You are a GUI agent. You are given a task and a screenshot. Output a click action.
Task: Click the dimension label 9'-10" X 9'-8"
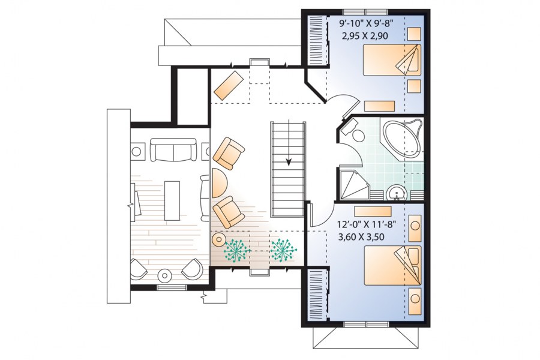point(366,23)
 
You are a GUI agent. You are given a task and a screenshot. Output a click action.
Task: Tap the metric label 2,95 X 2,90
point(365,36)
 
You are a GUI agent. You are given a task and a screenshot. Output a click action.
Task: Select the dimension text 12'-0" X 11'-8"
point(367,224)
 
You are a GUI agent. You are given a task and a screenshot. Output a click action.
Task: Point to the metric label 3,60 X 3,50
point(361,237)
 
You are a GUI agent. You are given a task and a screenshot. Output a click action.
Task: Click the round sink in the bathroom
point(397,193)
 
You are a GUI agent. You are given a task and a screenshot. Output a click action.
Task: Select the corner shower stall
point(355,185)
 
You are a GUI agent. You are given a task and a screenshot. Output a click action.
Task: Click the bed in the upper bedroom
point(392,60)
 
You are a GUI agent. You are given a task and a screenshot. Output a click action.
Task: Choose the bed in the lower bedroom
point(392,265)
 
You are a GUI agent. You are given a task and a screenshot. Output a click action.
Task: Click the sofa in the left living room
point(173,149)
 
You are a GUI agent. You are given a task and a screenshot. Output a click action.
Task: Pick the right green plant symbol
point(283,250)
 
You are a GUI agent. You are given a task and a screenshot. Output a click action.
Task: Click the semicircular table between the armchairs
point(219,183)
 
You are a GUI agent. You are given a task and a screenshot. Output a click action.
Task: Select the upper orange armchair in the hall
point(229,154)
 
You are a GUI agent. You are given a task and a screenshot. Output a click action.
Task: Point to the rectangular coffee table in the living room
point(172,201)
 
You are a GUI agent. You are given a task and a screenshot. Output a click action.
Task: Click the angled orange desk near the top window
point(229,85)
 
